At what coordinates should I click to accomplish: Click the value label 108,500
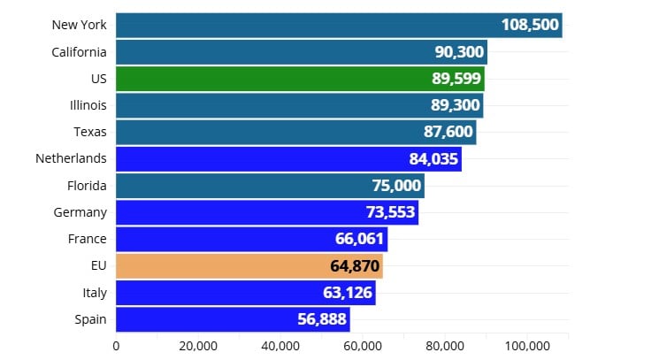530,25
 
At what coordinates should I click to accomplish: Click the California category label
80,52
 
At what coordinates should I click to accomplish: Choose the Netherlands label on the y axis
71,159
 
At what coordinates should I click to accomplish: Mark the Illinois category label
87,105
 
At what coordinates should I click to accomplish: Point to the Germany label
80,212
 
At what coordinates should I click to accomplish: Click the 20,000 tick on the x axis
197,346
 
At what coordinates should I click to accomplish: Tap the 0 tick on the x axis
116,346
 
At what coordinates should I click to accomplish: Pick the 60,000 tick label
363,346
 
